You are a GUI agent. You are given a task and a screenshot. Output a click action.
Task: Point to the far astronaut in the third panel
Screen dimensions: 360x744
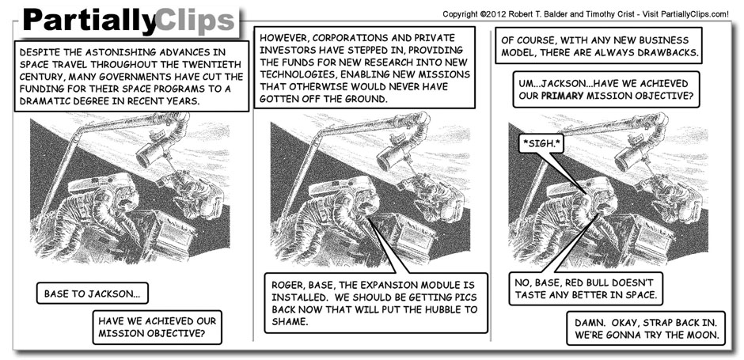click(x=673, y=194)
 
